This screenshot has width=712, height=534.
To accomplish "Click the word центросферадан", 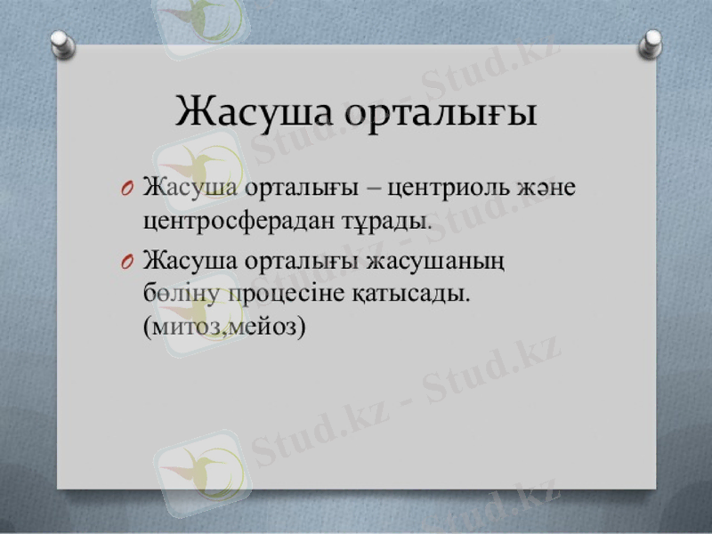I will [x=234, y=219].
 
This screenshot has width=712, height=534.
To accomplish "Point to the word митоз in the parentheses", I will [x=183, y=325].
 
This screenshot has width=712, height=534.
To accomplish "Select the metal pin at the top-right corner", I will [x=652, y=41].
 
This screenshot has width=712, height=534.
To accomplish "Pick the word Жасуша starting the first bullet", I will [x=190, y=189].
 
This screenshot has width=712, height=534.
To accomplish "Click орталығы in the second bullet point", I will [x=303, y=263].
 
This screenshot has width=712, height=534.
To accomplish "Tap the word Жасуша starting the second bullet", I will [x=190, y=262].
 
